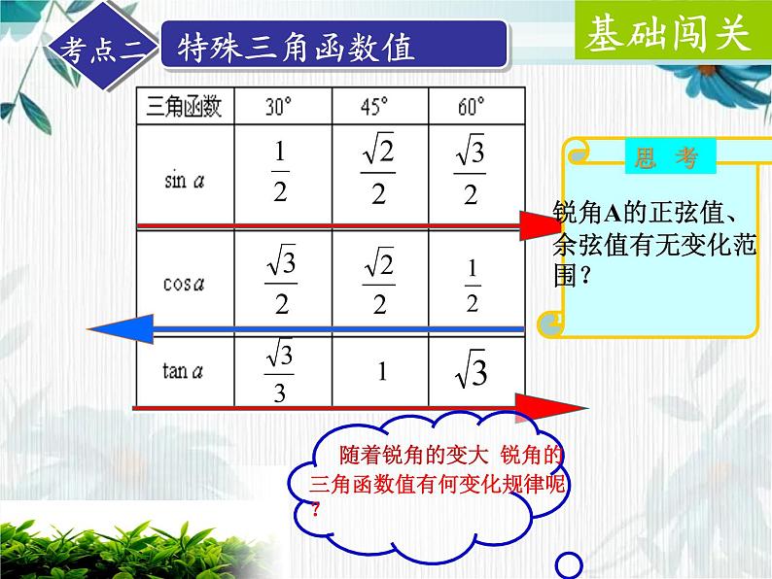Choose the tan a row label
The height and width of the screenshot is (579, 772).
tap(184, 372)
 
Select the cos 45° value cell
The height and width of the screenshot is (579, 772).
tap(379, 282)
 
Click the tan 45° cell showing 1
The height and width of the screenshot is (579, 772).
tap(382, 372)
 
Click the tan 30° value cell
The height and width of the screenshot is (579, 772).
tap(280, 372)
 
